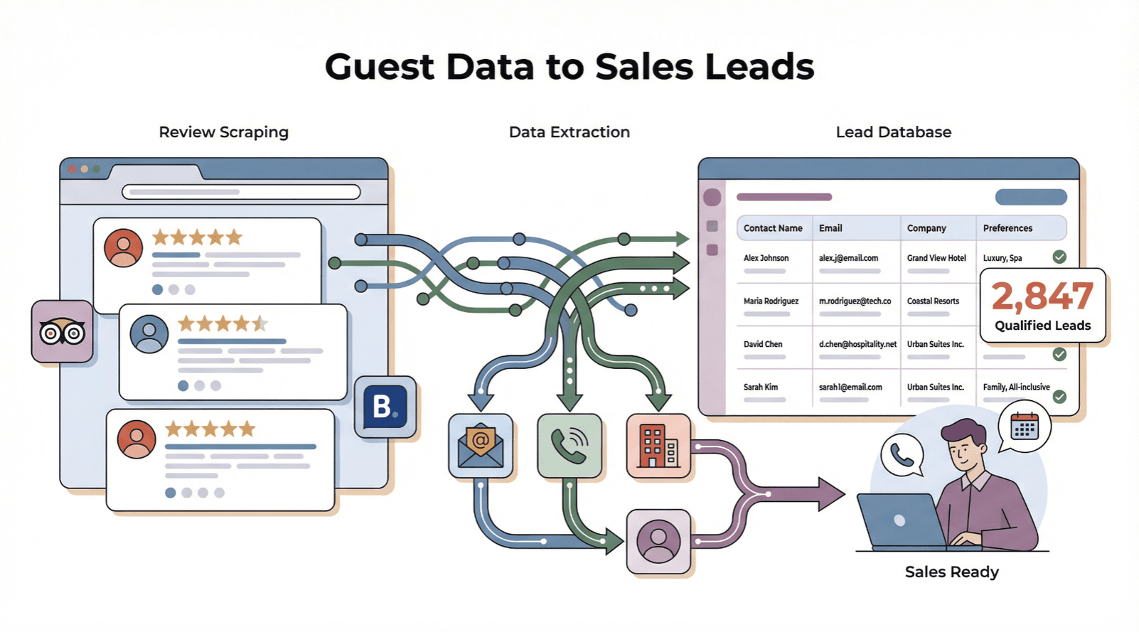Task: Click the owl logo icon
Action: pos(63,331)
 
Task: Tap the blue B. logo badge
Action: pos(385,407)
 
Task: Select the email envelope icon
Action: pos(481,446)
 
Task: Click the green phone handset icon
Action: pos(569,446)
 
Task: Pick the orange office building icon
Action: pos(658,446)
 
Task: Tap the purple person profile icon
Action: pos(658,541)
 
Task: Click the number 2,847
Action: pos(1042,296)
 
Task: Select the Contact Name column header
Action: pos(773,228)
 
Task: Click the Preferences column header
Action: pos(1007,228)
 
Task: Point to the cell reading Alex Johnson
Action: pos(766,258)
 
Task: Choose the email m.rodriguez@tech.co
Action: pos(855,301)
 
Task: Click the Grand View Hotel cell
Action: pos(936,258)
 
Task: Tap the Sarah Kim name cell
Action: pos(761,387)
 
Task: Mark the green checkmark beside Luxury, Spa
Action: pos(1059,257)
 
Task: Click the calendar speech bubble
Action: pos(1025,427)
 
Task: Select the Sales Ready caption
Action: pos(951,572)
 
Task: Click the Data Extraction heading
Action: pos(569,132)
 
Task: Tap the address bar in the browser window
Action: pos(241,192)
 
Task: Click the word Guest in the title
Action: pos(379,68)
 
